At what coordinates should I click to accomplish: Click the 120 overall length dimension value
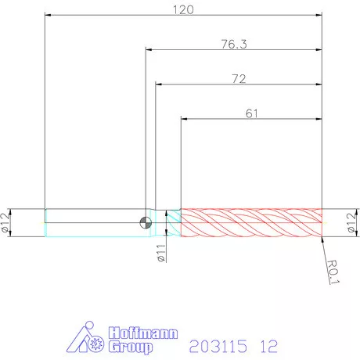pyautogui.click(x=183, y=10)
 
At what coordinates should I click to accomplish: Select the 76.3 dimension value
pyautogui.click(x=234, y=44)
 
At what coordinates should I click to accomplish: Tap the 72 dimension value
pyautogui.click(x=239, y=79)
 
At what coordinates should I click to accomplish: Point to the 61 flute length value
pyautogui.click(x=252, y=113)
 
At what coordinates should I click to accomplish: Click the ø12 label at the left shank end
pyautogui.click(x=6, y=222)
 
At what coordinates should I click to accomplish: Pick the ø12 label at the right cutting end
pyautogui.click(x=351, y=222)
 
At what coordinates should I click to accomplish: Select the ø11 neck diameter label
pyautogui.click(x=161, y=253)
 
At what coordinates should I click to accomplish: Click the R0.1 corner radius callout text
pyautogui.click(x=333, y=272)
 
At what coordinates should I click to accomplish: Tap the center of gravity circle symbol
pyautogui.click(x=146, y=222)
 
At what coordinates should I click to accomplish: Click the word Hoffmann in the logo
pyautogui.click(x=143, y=333)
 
